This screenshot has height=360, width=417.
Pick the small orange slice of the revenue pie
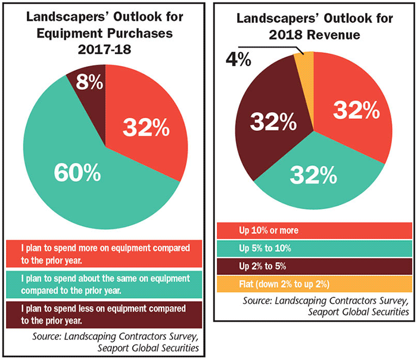click(x=303, y=62)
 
